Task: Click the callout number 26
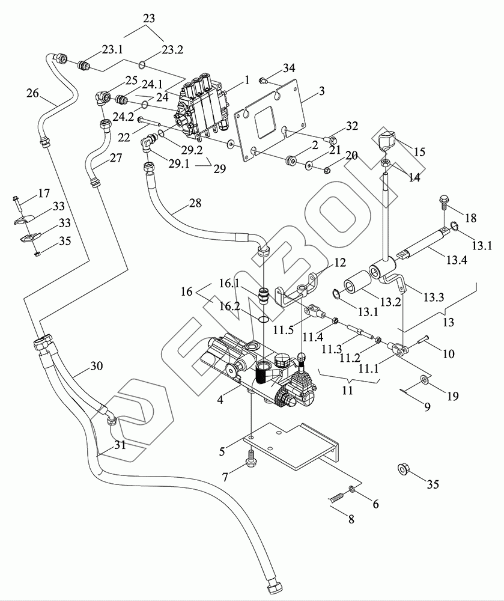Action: (x=34, y=93)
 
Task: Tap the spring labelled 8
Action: (x=339, y=498)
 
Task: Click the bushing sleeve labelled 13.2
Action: (x=359, y=282)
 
